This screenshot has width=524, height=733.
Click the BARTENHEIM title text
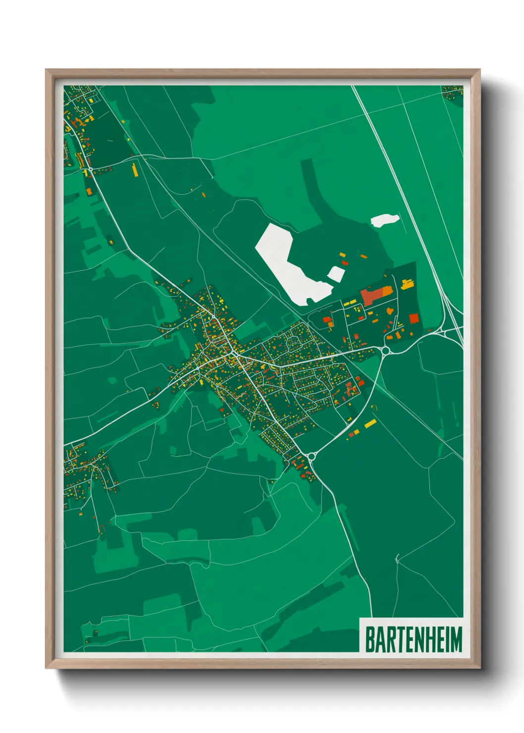point(413,639)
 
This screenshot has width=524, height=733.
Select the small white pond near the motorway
point(385,220)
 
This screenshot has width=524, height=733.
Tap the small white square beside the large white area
point(336,273)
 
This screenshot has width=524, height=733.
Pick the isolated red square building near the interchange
point(414,318)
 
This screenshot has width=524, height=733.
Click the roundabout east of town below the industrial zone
point(386,351)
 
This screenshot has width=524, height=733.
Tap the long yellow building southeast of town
point(370,423)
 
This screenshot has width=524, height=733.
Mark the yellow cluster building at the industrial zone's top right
point(407,284)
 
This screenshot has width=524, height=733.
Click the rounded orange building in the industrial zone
point(389,311)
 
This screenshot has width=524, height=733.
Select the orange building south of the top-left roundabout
point(89,191)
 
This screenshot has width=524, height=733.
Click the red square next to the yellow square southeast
point(351,434)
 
